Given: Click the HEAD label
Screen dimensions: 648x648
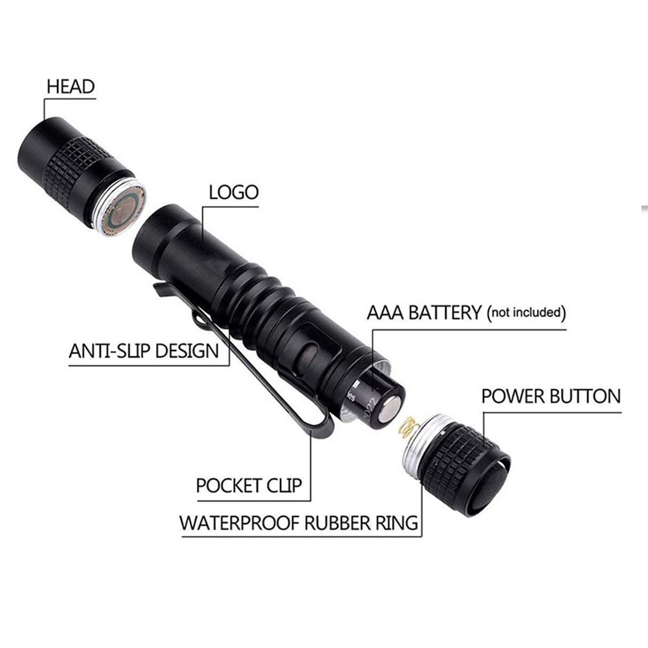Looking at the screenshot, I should tap(70, 86).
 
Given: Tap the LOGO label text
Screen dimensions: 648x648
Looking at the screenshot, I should tap(233, 192).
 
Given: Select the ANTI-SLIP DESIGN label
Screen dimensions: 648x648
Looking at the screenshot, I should tap(144, 352).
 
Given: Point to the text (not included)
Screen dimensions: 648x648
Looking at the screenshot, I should tap(527, 313).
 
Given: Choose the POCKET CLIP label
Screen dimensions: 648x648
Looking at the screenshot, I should tap(249, 485).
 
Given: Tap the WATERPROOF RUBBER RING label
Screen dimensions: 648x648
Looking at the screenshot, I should tap(299, 522).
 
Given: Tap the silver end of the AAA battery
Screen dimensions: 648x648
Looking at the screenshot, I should tap(391, 410).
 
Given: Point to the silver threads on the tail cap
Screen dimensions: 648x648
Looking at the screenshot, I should tap(417, 447).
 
